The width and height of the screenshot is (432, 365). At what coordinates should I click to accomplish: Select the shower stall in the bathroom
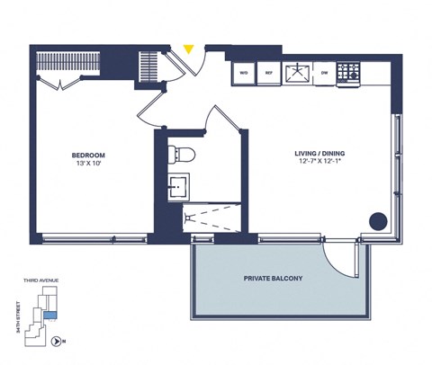pos(212,217)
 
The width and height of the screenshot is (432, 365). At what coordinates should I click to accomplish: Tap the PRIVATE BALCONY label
pos(274,279)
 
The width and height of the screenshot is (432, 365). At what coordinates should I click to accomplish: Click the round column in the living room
pos(379,219)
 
